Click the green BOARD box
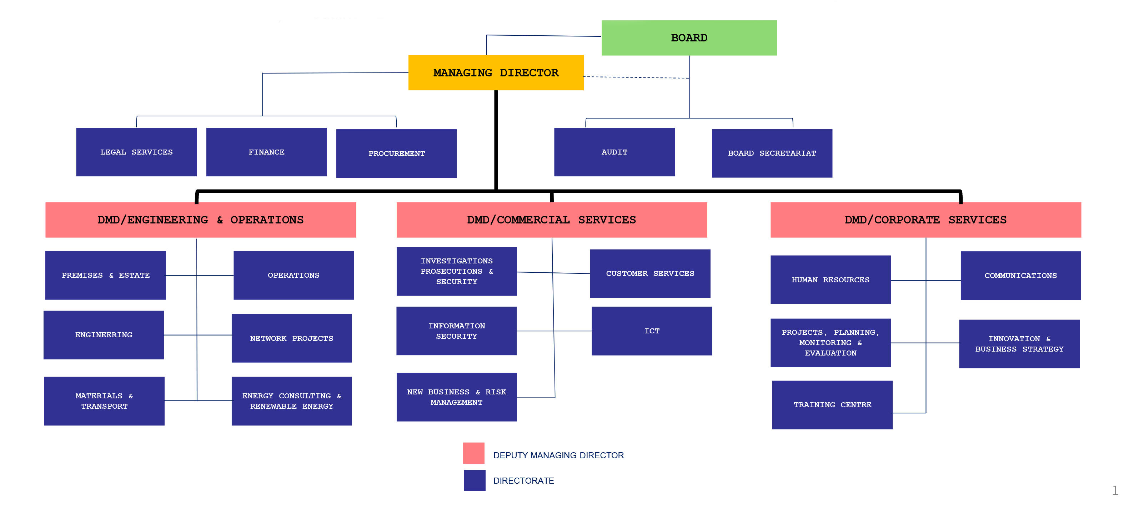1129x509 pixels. tap(689, 38)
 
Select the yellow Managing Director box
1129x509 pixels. tap(496, 73)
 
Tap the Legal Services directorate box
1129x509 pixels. tap(136, 152)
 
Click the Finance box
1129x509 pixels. tap(266, 152)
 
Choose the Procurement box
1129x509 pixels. tap(396, 153)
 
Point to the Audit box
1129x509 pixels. tap(614, 152)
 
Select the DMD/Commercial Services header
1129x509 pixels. tap(552, 220)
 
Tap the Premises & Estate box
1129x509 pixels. tap(106, 275)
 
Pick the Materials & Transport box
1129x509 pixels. tap(104, 401)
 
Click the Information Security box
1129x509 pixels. tap(457, 331)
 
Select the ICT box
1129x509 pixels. tap(652, 331)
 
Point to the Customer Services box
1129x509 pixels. tap(650, 273)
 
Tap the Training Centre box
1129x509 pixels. tap(832, 405)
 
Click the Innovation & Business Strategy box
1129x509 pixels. tap(1019, 344)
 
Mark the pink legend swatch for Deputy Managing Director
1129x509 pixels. tap(474, 453)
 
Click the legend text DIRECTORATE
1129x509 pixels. tap(523, 480)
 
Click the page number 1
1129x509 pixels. tap(1115, 490)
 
